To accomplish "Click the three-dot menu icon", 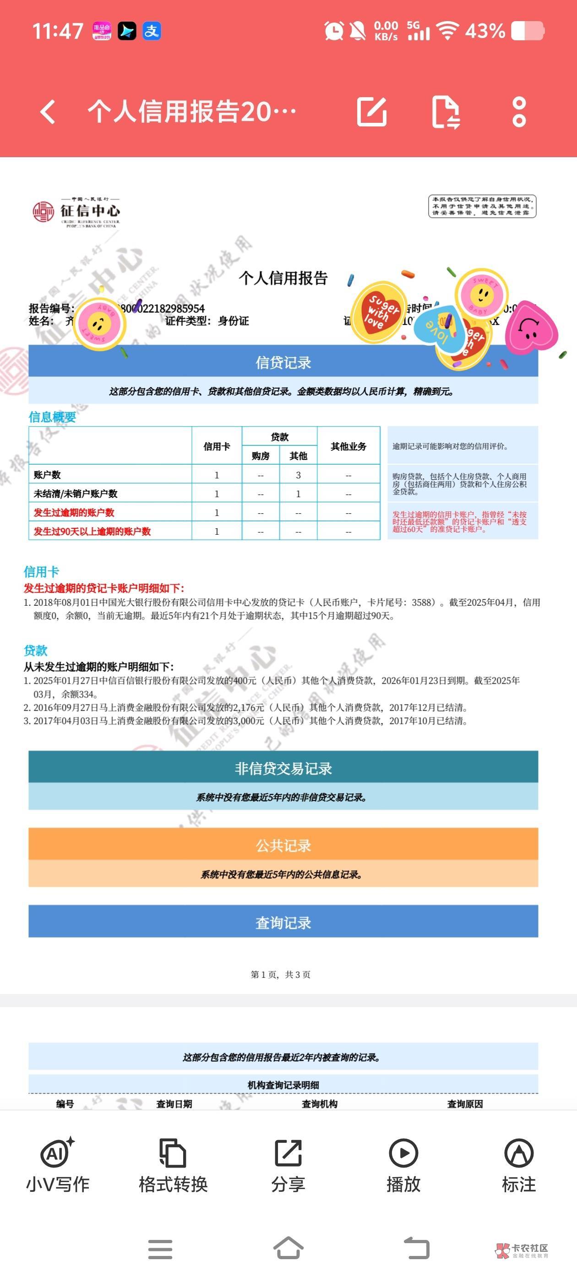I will point(519,111).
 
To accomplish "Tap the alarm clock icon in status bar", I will point(333,31).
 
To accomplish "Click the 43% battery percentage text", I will point(485,31).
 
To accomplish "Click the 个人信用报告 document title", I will point(283,278).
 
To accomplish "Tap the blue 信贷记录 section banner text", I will point(283,362).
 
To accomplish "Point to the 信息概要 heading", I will point(52,417).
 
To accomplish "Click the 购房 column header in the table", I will point(261,456).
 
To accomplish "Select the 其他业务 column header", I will point(348,446).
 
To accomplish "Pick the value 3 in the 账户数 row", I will point(298,475).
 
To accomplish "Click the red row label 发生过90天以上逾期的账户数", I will point(92,532).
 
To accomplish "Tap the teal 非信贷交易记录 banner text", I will point(283,768).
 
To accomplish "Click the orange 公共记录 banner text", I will point(283,845).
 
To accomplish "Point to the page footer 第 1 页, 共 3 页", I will point(280,975).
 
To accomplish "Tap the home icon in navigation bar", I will point(288,1248).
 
